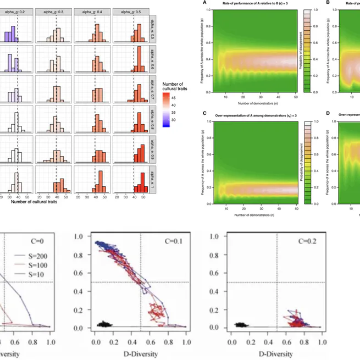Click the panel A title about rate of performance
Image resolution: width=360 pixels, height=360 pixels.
249,3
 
